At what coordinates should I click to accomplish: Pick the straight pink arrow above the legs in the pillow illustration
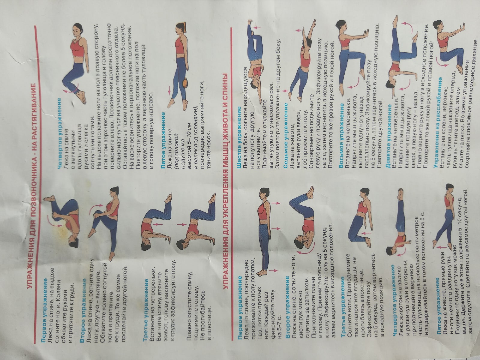(169, 90)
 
